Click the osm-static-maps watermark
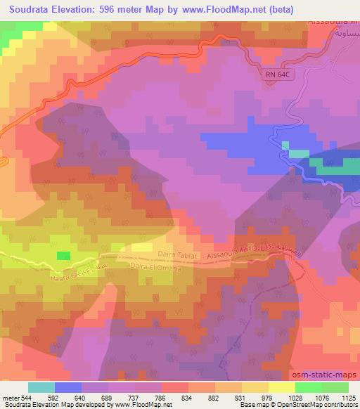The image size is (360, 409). [326, 375]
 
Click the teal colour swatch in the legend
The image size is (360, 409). [42, 387]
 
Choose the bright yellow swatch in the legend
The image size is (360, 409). [281, 387]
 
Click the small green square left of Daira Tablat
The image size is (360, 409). [63, 256]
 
